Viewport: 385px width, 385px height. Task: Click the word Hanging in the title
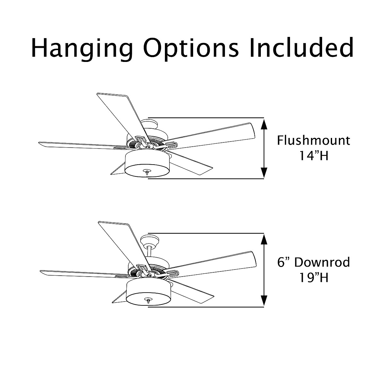(82, 48)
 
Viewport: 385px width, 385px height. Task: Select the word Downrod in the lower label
(322, 262)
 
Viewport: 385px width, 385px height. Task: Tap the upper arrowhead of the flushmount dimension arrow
(264, 124)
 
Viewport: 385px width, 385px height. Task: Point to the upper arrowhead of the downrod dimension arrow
(264, 239)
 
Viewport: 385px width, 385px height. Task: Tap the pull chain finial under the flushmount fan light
(147, 172)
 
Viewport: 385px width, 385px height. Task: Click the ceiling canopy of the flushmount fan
(150, 124)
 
